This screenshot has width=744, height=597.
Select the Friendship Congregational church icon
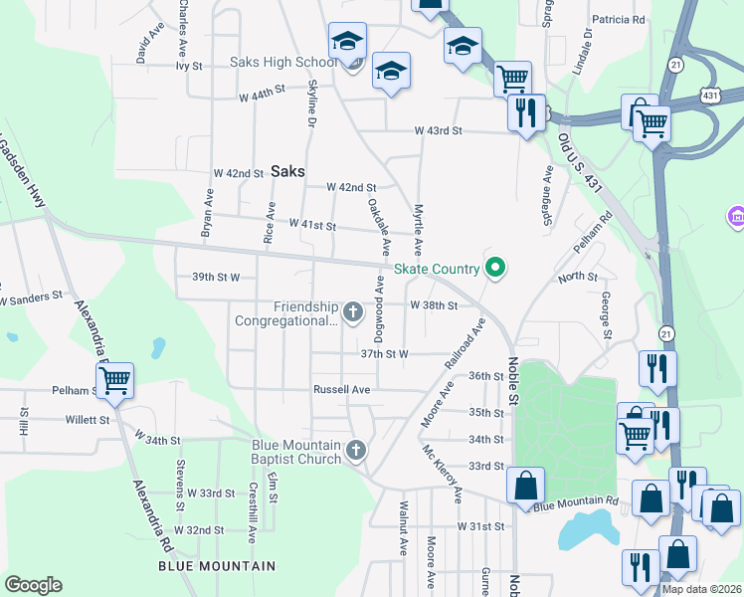[352, 313]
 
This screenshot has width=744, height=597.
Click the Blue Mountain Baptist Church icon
[356, 452]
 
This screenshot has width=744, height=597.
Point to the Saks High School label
[283, 62]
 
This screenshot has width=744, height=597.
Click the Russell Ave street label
[341, 389]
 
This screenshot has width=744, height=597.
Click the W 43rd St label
[439, 130]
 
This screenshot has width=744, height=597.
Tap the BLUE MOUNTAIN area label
[217, 566]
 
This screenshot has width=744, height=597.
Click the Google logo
[33, 585]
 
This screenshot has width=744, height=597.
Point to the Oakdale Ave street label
[376, 224]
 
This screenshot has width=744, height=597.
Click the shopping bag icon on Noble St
[525, 486]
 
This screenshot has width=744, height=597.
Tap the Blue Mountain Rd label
[576, 505]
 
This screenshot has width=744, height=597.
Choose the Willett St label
[90, 420]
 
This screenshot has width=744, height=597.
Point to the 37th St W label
[385, 353]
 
